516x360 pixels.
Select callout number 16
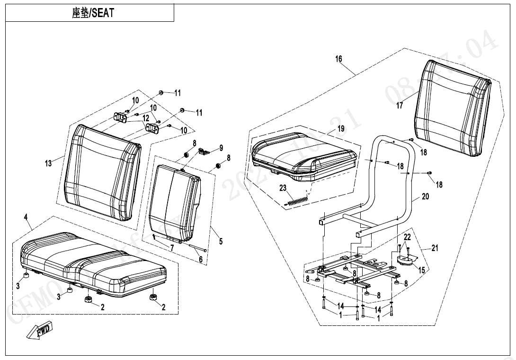click(x=338, y=59)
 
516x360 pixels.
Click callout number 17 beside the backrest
click(x=400, y=106)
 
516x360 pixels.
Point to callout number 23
click(x=283, y=188)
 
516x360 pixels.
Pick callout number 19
click(x=341, y=129)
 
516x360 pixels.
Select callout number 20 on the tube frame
click(x=425, y=196)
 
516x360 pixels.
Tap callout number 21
click(x=435, y=248)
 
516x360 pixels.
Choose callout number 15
click(x=421, y=270)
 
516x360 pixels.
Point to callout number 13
click(x=48, y=163)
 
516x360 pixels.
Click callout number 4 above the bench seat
click(x=26, y=217)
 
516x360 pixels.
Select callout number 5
click(x=221, y=241)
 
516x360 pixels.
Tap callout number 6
click(x=200, y=260)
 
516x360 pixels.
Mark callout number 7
click(x=172, y=247)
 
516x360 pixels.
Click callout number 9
click(x=221, y=148)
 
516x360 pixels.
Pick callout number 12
click(x=146, y=118)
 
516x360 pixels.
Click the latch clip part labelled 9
click(x=203, y=151)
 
